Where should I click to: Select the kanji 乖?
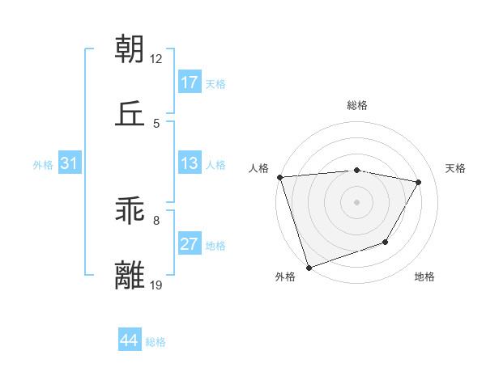[130, 211]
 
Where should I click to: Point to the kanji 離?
[130, 275]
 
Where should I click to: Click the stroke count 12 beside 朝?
[156, 59]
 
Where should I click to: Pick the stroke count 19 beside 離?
[156, 285]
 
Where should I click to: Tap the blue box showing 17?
[190, 82]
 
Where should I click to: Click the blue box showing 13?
[190, 164]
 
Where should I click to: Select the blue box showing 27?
[190, 244]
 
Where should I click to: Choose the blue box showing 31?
[70, 164]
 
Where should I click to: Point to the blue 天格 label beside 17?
[215, 84]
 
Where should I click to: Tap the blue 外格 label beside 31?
[43, 165]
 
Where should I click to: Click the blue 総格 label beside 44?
[156, 342]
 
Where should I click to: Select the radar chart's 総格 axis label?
[357, 105]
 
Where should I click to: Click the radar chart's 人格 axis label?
[259, 168]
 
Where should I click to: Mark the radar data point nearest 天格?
[418, 182]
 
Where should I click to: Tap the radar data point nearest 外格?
[309, 267]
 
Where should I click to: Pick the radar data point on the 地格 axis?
[386, 242]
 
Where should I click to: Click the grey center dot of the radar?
[356, 201]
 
